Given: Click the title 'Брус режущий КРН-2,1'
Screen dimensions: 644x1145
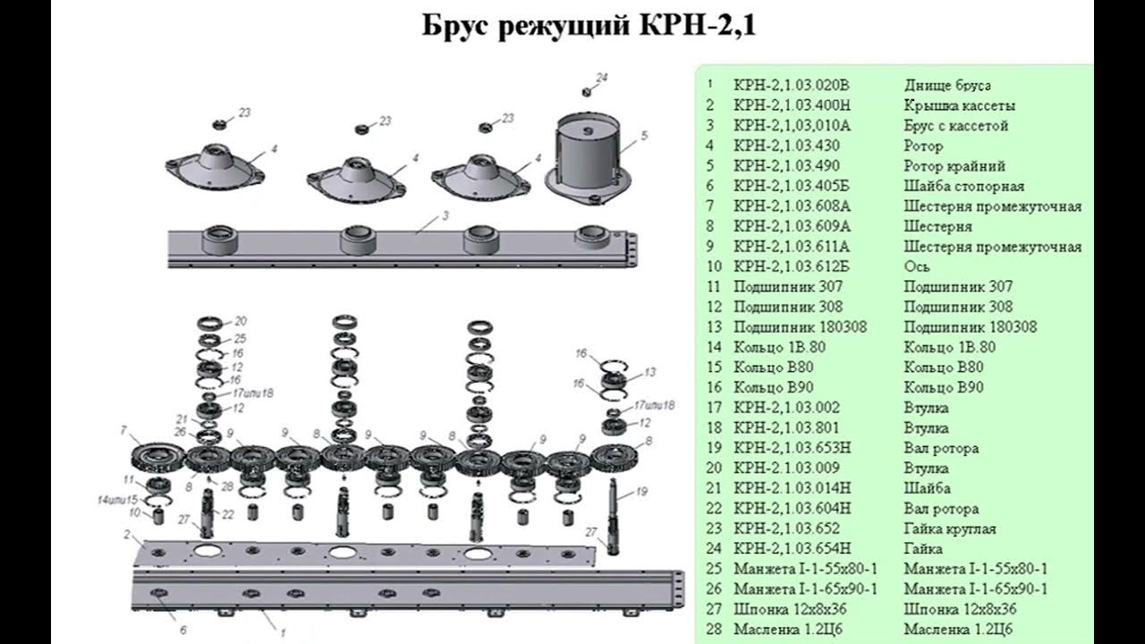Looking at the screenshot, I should pyautogui.click(x=589, y=26).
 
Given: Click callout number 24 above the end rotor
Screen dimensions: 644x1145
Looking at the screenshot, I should pyautogui.click(x=602, y=78).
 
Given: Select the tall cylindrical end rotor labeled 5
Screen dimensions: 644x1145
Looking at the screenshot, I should pyautogui.click(x=588, y=152).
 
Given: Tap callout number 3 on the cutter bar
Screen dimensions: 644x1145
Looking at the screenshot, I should pyautogui.click(x=445, y=216).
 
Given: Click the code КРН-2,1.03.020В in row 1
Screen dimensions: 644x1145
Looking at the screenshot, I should pyautogui.click(x=790, y=86).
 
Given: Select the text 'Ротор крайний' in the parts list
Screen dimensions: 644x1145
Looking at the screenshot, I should pyautogui.click(x=954, y=166).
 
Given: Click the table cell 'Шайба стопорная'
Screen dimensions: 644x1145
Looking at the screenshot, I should pyautogui.click(x=963, y=186).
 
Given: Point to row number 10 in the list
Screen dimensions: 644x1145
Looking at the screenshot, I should pyautogui.click(x=713, y=267).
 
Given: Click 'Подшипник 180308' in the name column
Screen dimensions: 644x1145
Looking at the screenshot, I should pyautogui.click(x=970, y=327).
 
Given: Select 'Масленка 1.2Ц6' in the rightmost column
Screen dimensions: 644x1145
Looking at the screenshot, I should pyautogui.click(x=958, y=630).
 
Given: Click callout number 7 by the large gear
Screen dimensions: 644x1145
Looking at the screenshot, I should pyautogui.click(x=123, y=431).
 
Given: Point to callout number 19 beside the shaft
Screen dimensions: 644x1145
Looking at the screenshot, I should pyautogui.click(x=641, y=491).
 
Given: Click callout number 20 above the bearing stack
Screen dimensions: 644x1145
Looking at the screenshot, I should pyautogui.click(x=241, y=321).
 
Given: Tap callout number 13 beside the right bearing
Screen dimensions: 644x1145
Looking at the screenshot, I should pyautogui.click(x=650, y=371).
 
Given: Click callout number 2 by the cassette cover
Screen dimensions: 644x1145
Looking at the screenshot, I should pyautogui.click(x=127, y=535).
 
